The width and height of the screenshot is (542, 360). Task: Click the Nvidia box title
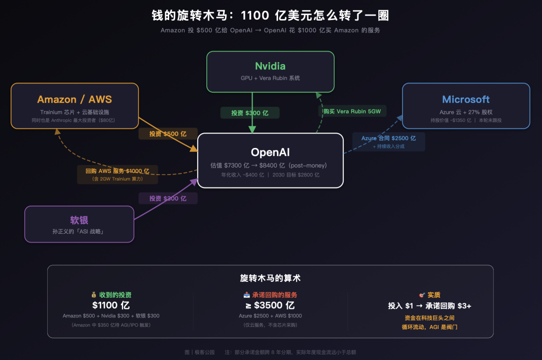click(x=270, y=66)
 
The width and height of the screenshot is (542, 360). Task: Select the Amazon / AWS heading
click(x=74, y=99)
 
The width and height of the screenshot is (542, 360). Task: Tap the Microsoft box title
click(x=466, y=99)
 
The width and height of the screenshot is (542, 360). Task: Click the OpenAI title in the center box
click(x=270, y=152)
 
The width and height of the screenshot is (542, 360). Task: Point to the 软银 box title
click(x=79, y=221)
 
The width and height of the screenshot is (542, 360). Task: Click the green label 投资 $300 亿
click(x=249, y=113)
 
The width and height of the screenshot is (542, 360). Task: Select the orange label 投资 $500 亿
click(x=168, y=134)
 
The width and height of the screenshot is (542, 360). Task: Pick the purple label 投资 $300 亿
click(x=168, y=199)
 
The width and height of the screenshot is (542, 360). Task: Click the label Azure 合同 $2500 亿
click(x=388, y=138)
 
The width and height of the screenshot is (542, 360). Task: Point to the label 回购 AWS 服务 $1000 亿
click(x=117, y=171)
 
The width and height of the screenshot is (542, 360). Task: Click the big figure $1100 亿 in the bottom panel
click(x=111, y=305)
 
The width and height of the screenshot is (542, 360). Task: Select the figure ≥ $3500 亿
click(x=270, y=305)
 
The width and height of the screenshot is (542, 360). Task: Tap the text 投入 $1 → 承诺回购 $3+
click(x=429, y=306)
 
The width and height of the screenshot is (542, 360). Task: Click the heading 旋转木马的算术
click(x=270, y=278)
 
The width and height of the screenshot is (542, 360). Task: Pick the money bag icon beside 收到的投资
click(x=93, y=295)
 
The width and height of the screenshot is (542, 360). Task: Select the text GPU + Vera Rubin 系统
click(x=270, y=78)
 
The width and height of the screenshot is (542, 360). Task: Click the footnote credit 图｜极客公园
click(x=199, y=352)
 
